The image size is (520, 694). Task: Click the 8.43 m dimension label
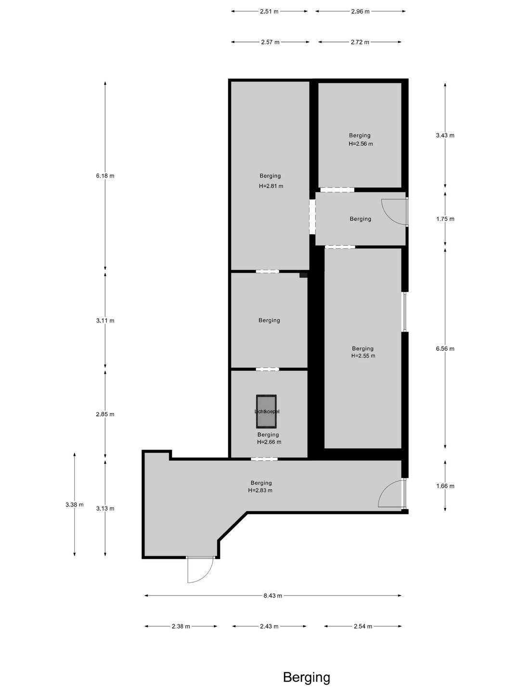(x=273, y=596)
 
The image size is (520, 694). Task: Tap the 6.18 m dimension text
(x=105, y=176)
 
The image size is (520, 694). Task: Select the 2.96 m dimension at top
(x=360, y=12)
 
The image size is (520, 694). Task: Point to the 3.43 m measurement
(x=445, y=135)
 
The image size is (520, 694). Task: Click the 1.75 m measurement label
(x=445, y=219)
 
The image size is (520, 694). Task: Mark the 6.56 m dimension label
(x=445, y=349)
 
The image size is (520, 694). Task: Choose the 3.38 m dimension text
(x=75, y=505)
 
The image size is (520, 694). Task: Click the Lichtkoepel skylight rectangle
(x=266, y=412)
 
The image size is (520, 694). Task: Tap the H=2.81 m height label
(x=271, y=186)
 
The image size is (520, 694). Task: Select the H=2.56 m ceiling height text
(x=361, y=144)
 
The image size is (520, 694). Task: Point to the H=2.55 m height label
(x=363, y=356)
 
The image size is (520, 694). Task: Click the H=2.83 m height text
(x=260, y=491)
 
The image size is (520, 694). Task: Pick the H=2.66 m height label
(x=269, y=442)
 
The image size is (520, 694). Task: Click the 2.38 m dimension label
(x=181, y=627)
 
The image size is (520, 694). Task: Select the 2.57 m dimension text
(x=270, y=42)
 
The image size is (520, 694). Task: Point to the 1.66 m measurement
(x=445, y=486)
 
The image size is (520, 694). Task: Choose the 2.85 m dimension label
(x=105, y=414)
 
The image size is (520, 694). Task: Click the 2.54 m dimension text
(x=363, y=627)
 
